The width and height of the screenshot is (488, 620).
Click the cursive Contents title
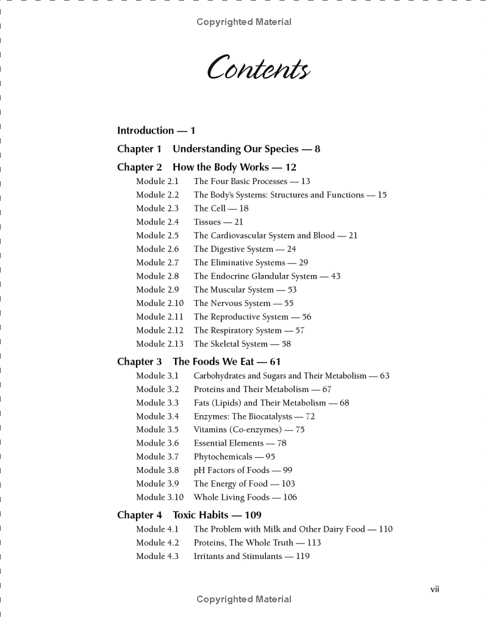[258, 68]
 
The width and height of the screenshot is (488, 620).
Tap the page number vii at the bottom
[434, 589]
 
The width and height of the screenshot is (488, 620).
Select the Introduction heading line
[156, 130]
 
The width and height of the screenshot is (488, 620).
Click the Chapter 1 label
[139, 149]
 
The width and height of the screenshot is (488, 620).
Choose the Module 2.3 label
[157, 208]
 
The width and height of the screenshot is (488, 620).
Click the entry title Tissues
[207, 222]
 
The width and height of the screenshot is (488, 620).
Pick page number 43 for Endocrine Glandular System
[335, 276]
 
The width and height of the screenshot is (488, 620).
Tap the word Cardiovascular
[243, 235]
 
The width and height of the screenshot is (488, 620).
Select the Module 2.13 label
[159, 344]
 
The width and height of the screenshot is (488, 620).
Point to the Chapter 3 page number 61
[275, 362]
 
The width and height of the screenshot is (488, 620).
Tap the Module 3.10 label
[159, 497]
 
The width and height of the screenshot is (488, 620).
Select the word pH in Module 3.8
[199, 470]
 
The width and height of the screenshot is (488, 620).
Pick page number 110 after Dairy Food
[386, 529]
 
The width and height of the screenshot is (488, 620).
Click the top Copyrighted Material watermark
[244, 22]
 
